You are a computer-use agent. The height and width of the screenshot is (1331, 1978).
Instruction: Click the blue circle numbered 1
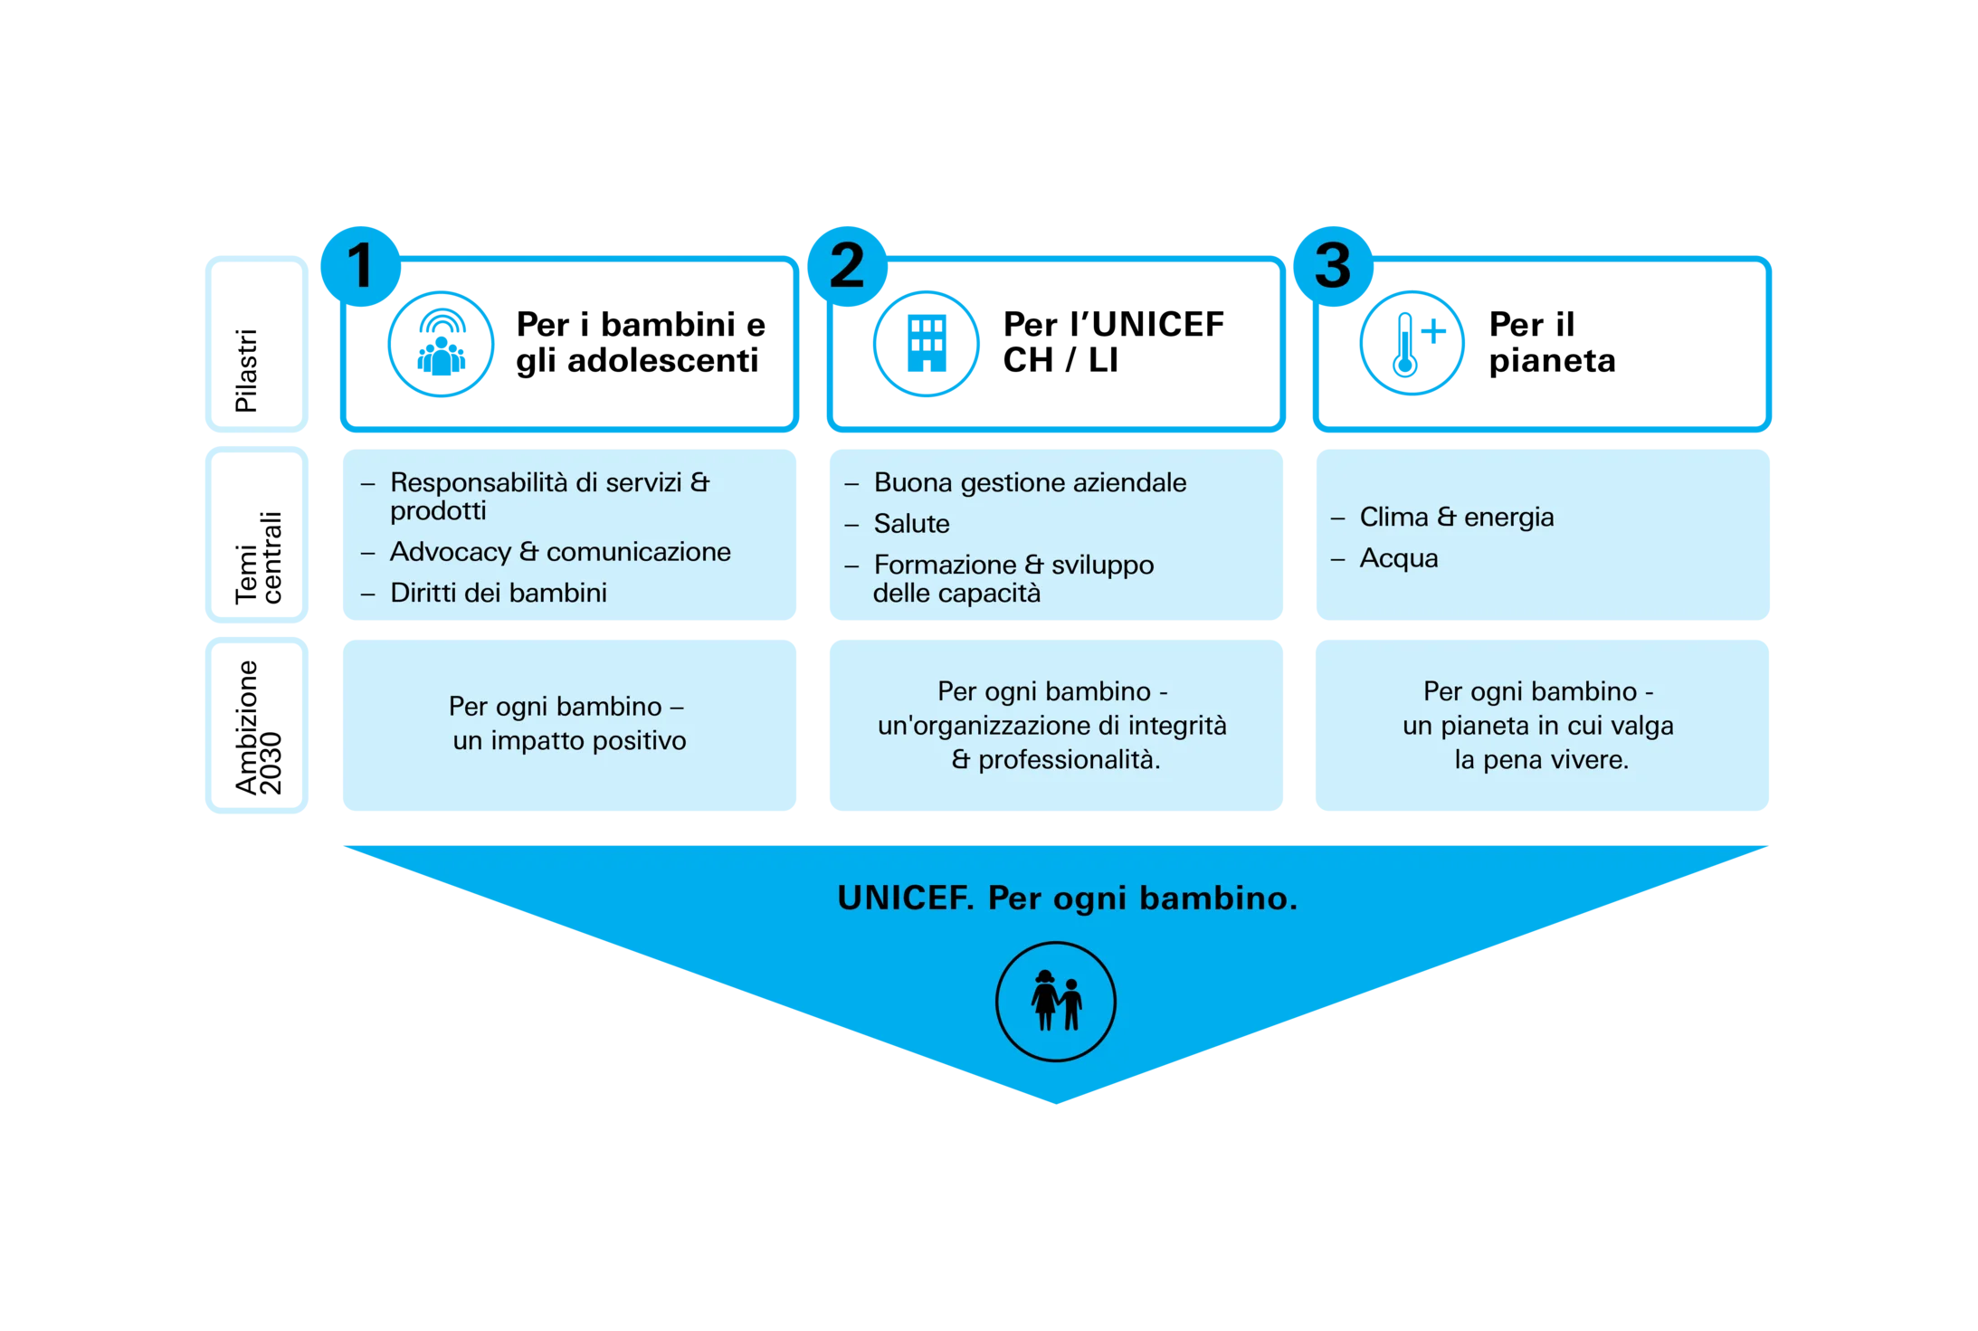pos(360,266)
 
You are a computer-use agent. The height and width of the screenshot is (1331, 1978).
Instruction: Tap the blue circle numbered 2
pos(847,266)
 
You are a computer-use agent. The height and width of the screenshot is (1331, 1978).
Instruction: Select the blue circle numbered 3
pos(1333,266)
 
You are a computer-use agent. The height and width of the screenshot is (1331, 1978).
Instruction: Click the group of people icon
pos(441,344)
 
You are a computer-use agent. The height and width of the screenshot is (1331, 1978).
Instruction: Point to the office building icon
pos(926,344)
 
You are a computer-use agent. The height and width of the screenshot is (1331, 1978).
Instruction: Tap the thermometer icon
pos(1412,343)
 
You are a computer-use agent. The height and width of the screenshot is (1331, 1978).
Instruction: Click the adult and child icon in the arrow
pos(1055,1001)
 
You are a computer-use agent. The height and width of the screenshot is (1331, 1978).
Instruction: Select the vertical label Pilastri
pos(246,370)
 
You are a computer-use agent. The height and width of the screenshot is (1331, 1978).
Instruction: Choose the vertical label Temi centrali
pos(259,557)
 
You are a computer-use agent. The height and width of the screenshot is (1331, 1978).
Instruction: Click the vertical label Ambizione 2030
pos(259,727)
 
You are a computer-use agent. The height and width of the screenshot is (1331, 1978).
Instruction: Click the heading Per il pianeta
pos(1552,342)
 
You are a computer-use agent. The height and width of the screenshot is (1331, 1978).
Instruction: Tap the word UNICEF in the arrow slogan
pos(905,898)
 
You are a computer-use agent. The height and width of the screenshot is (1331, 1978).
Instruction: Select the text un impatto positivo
pos(569,741)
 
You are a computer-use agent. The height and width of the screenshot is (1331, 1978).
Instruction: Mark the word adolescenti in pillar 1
pos(662,360)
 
